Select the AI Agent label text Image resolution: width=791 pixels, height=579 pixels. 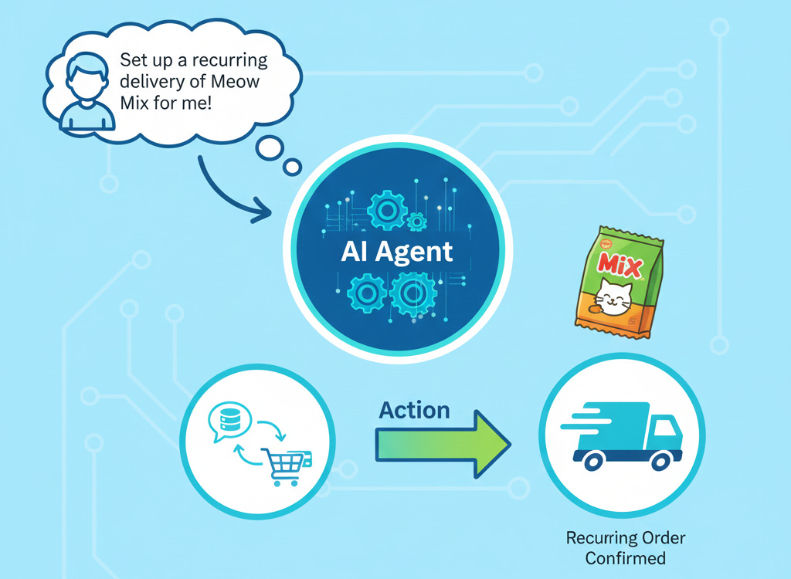point(396,252)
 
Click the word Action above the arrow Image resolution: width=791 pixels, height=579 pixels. point(414,410)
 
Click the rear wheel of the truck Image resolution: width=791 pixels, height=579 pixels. point(593,460)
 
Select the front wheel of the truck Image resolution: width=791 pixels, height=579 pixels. point(661,460)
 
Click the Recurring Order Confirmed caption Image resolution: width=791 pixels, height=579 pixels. point(625,547)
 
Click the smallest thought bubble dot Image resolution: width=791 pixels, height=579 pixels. point(293,167)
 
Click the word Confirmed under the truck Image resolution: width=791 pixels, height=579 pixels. point(625,557)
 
